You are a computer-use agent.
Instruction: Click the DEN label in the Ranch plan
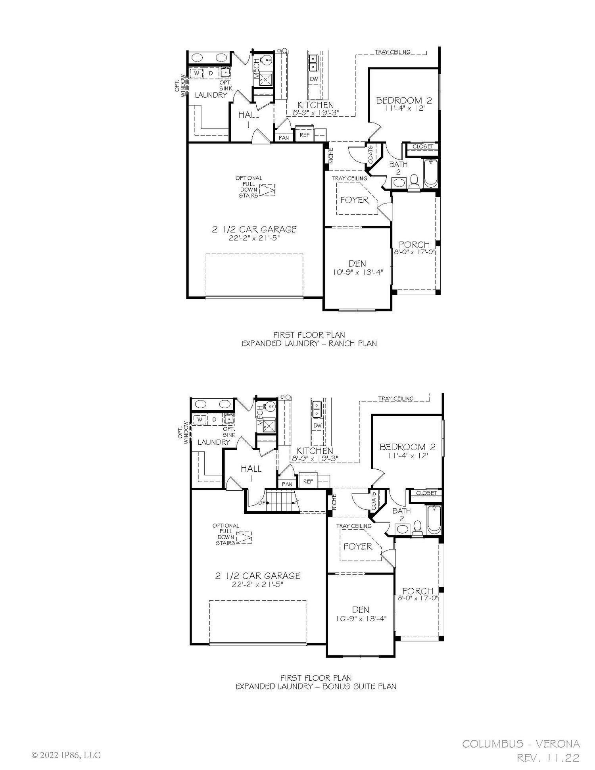click(x=357, y=264)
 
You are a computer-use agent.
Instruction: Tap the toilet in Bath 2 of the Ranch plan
click(x=414, y=181)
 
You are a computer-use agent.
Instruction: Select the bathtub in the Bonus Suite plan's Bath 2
click(x=434, y=520)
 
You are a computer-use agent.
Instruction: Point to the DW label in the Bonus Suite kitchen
click(x=317, y=426)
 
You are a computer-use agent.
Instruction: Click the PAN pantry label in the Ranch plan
click(x=284, y=138)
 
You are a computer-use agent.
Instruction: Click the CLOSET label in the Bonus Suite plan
click(x=426, y=493)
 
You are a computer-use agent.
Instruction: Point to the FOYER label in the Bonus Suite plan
click(x=358, y=546)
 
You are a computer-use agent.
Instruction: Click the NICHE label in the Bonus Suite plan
click(x=334, y=501)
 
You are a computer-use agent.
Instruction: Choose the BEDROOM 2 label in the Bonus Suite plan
click(x=407, y=447)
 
